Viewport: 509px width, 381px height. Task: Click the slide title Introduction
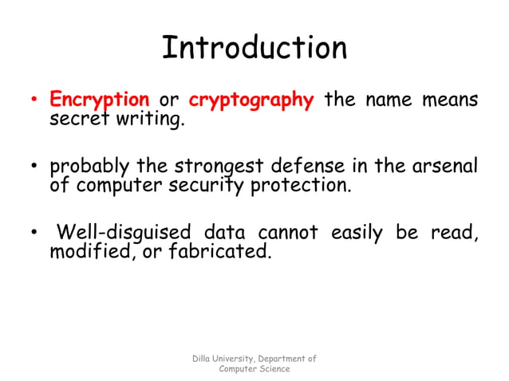pos(254,48)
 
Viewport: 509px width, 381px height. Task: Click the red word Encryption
pos(100,100)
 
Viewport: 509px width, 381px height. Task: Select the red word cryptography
pos(251,100)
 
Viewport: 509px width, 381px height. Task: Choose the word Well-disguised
pos(124,233)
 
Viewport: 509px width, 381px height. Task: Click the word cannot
pos(288,233)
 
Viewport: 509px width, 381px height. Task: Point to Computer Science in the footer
pos(254,369)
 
